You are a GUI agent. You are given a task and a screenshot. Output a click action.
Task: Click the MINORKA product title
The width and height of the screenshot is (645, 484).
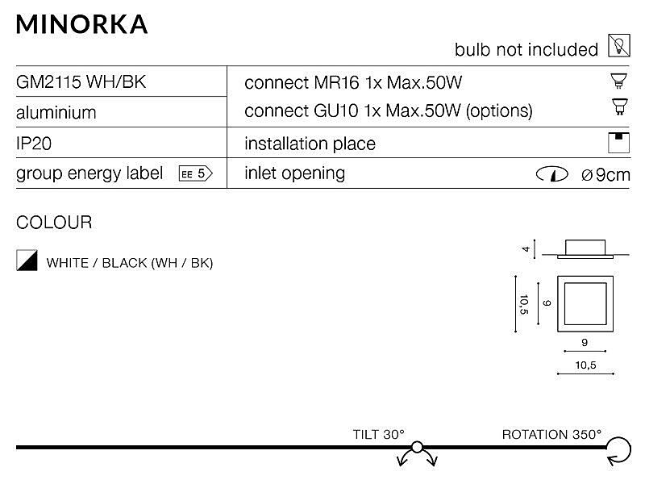pyautogui.click(x=81, y=24)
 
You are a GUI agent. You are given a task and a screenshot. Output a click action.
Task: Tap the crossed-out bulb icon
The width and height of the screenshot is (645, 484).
pyautogui.click(x=618, y=46)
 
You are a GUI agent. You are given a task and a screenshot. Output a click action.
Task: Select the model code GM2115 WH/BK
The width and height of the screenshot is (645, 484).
pyautogui.click(x=81, y=82)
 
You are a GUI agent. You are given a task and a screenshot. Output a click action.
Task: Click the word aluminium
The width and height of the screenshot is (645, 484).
pyautogui.click(x=56, y=112)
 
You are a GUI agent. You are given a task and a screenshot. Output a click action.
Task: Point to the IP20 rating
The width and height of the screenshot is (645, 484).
pyautogui.click(x=34, y=144)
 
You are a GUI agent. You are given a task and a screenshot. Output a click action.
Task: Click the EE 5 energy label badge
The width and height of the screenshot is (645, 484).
pyautogui.click(x=196, y=173)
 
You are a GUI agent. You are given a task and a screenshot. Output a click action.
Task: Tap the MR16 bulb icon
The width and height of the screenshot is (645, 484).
pyautogui.click(x=618, y=80)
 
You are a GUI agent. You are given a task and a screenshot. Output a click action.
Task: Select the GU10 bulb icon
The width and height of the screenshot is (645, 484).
pyautogui.click(x=619, y=106)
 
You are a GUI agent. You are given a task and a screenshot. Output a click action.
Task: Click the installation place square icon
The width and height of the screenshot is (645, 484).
pyautogui.click(x=618, y=143)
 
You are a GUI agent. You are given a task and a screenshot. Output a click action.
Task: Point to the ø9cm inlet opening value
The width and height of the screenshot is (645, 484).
pyautogui.click(x=605, y=175)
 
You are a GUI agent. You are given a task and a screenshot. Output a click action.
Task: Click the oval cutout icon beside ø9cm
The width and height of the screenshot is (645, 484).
pyautogui.click(x=552, y=174)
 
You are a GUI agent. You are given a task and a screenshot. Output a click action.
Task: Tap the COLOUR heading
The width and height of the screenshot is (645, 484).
pyautogui.click(x=54, y=223)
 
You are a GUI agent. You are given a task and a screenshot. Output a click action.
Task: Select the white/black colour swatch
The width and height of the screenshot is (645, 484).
pyautogui.click(x=27, y=260)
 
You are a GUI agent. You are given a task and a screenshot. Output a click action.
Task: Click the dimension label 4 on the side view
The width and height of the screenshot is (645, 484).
pyautogui.click(x=526, y=249)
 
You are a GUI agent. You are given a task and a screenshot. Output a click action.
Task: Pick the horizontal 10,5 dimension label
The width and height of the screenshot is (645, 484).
pyautogui.click(x=585, y=365)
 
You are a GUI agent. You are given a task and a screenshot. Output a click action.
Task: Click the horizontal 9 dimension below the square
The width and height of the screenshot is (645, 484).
pyautogui.click(x=585, y=342)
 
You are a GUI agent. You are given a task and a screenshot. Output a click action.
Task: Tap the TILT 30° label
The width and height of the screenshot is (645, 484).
pyautogui.click(x=378, y=434)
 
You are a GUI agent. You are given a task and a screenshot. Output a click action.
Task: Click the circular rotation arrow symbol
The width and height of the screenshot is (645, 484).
pyautogui.click(x=619, y=451)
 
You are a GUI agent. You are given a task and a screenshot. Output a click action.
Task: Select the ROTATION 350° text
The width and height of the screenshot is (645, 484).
pyautogui.click(x=551, y=434)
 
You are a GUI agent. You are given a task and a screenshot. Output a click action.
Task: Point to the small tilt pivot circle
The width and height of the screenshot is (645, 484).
pyautogui.click(x=417, y=447)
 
